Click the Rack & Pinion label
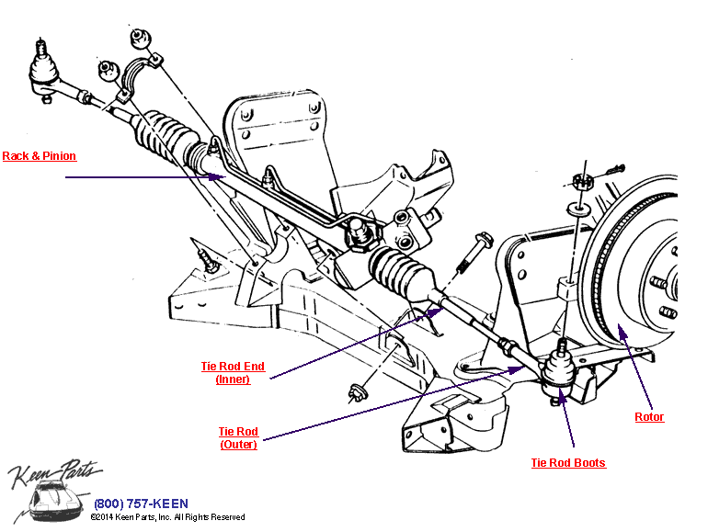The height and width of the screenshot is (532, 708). click(40, 156)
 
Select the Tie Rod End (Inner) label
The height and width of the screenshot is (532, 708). click(233, 372)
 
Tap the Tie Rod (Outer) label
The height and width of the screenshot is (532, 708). click(238, 437)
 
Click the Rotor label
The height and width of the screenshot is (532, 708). click(649, 417)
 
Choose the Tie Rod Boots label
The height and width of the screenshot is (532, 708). click(568, 463)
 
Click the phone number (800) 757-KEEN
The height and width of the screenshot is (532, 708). click(141, 504)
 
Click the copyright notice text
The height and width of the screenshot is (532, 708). click(167, 518)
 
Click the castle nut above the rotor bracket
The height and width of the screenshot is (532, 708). click(578, 182)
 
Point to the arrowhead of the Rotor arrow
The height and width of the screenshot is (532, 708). click(622, 327)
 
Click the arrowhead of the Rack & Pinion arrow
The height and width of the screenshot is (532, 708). click(222, 178)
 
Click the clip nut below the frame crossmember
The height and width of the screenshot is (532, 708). click(357, 393)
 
